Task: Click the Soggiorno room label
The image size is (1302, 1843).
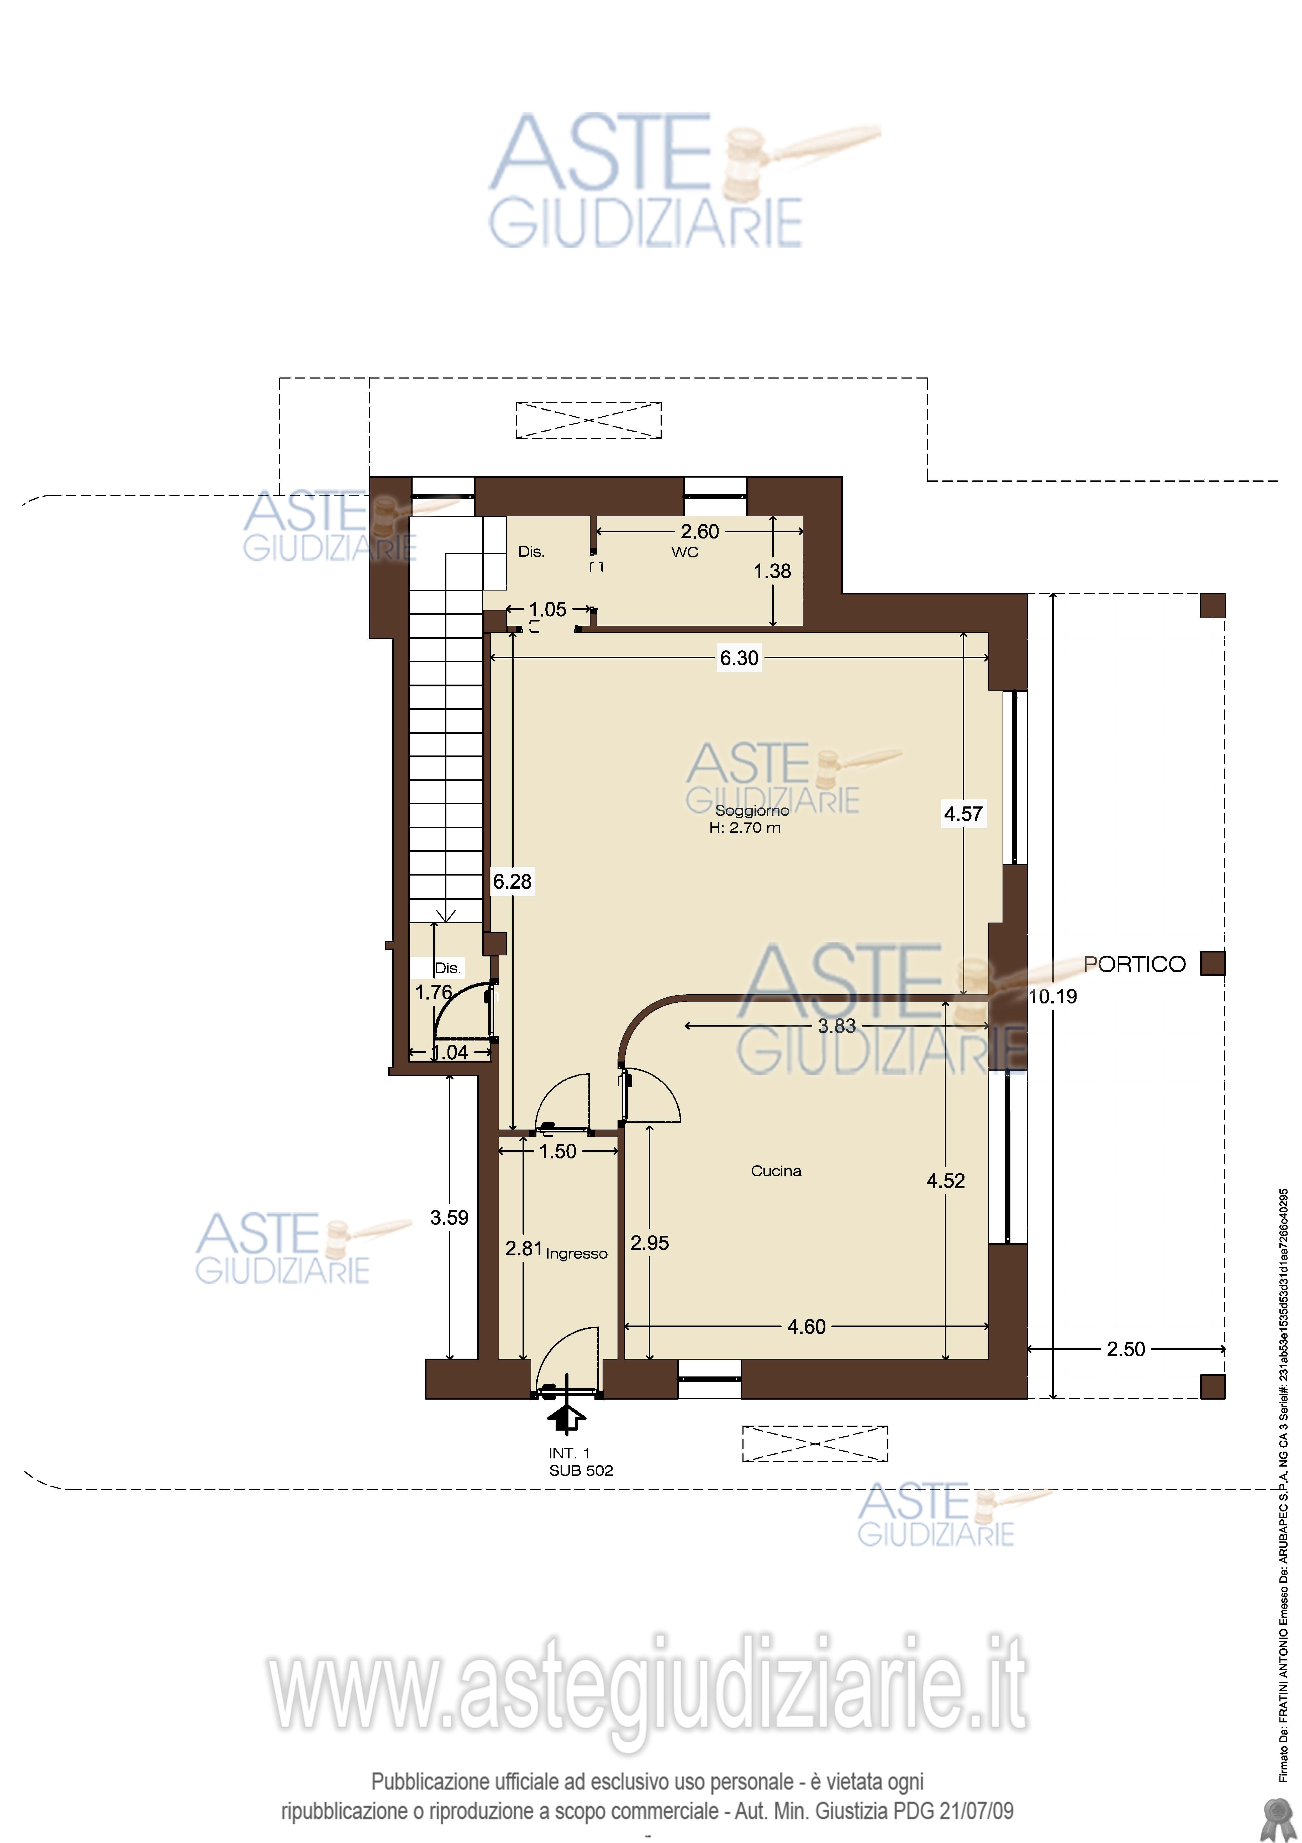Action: coord(752,811)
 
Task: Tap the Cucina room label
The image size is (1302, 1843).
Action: coord(776,1171)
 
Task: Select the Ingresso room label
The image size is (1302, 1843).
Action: coord(577,1254)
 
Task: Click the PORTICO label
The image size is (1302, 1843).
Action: coord(1134,964)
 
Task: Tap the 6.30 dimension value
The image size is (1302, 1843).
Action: coord(739,658)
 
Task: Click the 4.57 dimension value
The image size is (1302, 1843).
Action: coord(963,814)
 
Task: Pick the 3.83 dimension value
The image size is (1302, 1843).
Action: coord(837,1026)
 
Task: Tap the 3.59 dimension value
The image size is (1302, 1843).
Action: coord(449,1218)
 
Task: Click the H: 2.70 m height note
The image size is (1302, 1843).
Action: coord(745,827)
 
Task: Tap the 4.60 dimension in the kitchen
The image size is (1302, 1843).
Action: coord(806,1327)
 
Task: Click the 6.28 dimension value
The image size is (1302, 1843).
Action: coord(512,881)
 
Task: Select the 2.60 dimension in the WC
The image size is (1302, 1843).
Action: coord(699,531)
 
